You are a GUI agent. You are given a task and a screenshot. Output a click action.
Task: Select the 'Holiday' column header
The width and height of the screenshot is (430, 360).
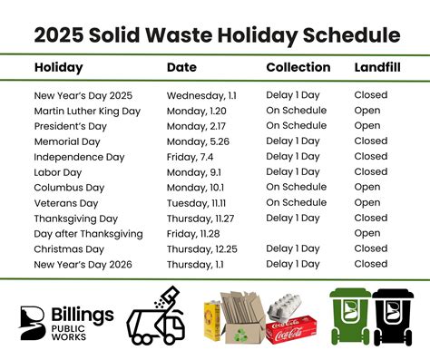(58, 68)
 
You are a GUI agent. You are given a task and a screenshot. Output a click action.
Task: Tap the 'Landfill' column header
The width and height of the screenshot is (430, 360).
(374, 68)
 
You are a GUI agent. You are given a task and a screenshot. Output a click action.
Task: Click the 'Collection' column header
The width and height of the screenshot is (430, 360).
(298, 68)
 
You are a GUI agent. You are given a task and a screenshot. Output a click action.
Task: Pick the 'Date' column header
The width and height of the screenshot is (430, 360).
(181, 68)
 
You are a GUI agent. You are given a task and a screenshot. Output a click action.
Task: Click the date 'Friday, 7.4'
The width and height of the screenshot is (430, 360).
(191, 157)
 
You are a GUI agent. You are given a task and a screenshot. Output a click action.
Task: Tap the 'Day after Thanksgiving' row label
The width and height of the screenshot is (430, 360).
(88, 234)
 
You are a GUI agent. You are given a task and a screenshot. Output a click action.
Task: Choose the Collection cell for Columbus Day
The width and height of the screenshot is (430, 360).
(296, 188)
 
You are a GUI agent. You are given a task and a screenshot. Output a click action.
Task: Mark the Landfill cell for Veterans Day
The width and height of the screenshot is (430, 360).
(367, 203)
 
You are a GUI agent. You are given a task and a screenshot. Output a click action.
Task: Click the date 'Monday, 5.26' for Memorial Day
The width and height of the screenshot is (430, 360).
(198, 141)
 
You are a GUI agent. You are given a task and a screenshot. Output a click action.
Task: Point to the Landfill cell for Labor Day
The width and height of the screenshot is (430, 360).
(370, 172)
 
